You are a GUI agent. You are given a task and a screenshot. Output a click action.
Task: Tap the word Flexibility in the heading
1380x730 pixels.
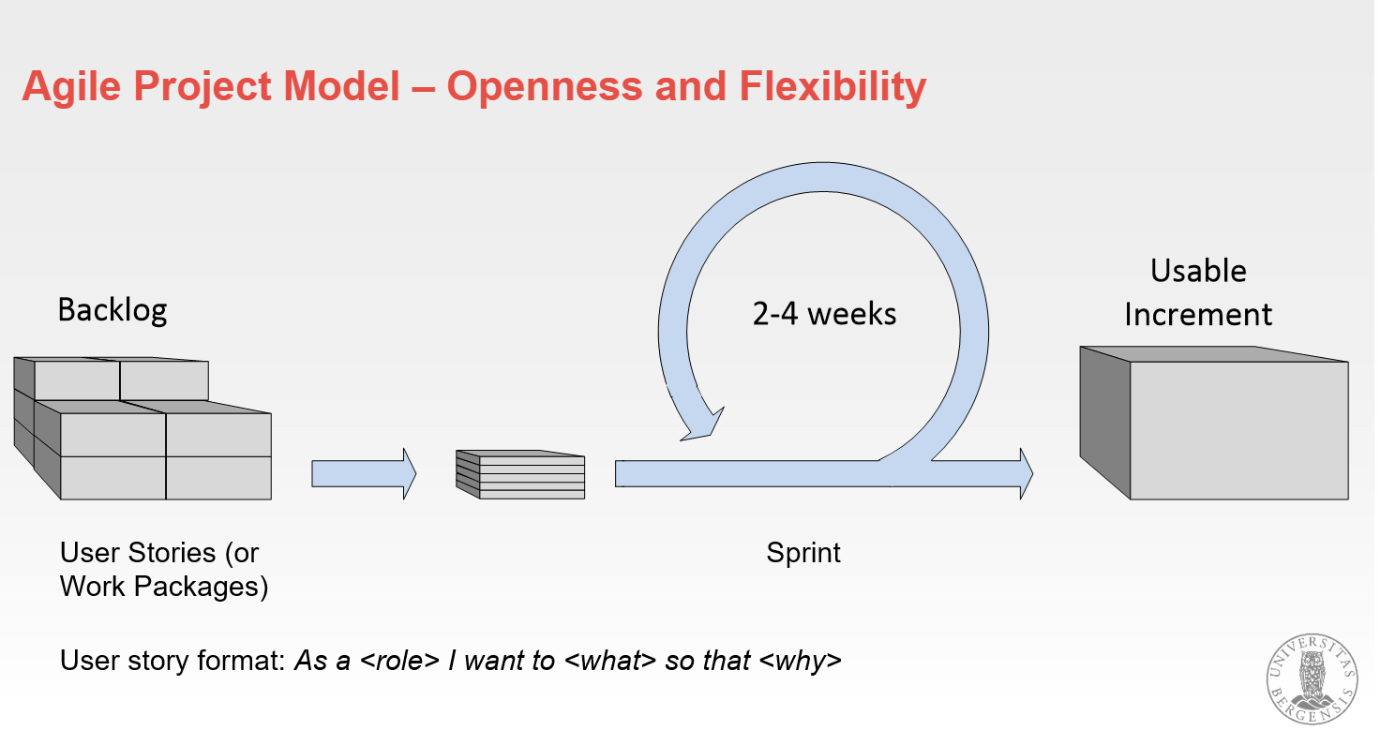pos(833,87)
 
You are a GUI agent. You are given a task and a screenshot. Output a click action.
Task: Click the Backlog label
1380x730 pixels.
pos(112,309)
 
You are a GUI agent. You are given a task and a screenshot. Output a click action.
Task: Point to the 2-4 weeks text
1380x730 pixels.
pos(824,314)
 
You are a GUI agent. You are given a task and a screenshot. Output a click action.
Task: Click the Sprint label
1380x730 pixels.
pos(803,553)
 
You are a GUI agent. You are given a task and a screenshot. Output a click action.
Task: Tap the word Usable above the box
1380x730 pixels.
pos(1198,271)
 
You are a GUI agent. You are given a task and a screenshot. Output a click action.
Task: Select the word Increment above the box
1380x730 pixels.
pos(1198,315)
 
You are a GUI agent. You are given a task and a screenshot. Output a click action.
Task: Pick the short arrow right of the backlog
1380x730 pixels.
pos(363,473)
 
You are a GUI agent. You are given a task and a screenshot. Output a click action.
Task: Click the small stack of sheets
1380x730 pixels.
pos(520,475)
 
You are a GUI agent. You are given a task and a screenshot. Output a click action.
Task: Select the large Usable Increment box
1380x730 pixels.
pos(1237,430)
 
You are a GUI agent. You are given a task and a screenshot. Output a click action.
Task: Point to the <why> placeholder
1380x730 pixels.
pos(800,661)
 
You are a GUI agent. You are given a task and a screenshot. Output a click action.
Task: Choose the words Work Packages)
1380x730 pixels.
pos(164,587)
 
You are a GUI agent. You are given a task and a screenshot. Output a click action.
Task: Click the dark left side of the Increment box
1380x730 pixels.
pos(1104,422)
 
